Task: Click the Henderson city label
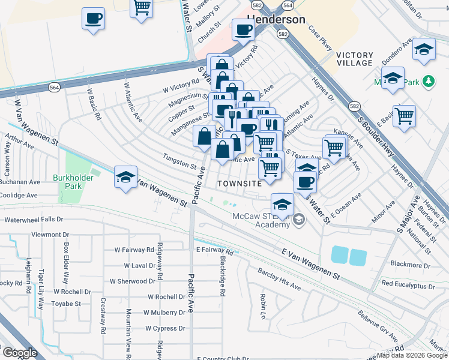[277, 19]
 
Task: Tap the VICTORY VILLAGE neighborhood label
[355, 59]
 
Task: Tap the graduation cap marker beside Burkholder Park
[126, 177]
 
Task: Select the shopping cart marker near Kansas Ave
[334, 146]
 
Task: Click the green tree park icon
[428, 80]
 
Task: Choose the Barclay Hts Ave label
[279, 283]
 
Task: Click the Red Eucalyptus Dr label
[408, 284]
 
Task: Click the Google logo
[20, 352]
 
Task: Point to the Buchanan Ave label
[20, 181]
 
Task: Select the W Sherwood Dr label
[133, 281]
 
